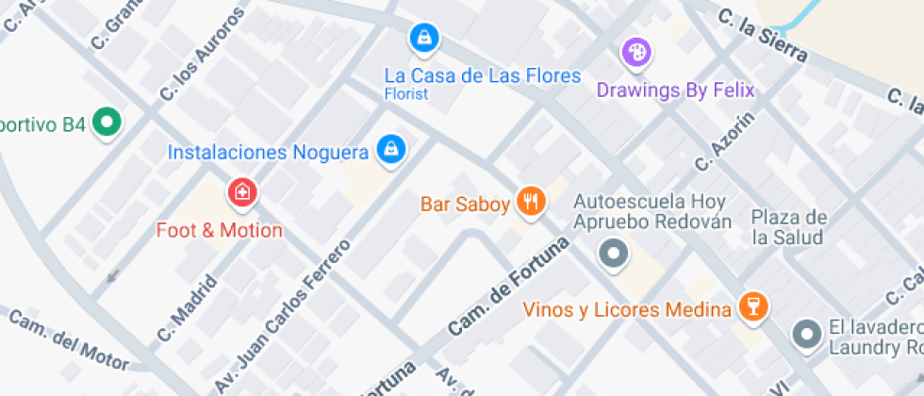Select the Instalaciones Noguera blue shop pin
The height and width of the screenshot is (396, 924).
pyautogui.click(x=390, y=148)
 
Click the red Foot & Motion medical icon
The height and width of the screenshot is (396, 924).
pyautogui.click(x=242, y=193)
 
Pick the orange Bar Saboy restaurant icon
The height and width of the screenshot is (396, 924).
pyautogui.click(x=532, y=202)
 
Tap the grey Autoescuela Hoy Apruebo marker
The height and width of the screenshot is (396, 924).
pyautogui.click(x=615, y=254)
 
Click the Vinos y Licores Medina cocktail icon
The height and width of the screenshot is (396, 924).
pyautogui.click(x=753, y=305)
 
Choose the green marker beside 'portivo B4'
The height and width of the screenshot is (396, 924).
pyautogui.click(x=108, y=123)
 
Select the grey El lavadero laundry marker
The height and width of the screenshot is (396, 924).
pyautogui.click(x=806, y=334)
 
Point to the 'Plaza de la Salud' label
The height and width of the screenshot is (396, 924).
pyautogui.click(x=789, y=227)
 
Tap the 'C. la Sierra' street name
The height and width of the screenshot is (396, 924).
pyautogui.click(x=763, y=37)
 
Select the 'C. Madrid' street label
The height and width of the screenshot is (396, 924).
pyautogui.click(x=189, y=308)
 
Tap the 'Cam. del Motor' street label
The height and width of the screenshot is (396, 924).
pyautogui.click(x=68, y=339)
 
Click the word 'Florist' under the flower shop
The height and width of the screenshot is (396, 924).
pyautogui.click(x=406, y=93)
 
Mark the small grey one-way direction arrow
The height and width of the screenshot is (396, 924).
pyautogui.click(x=113, y=276)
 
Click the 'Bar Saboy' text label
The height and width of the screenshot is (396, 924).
pyautogui.click(x=465, y=203)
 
